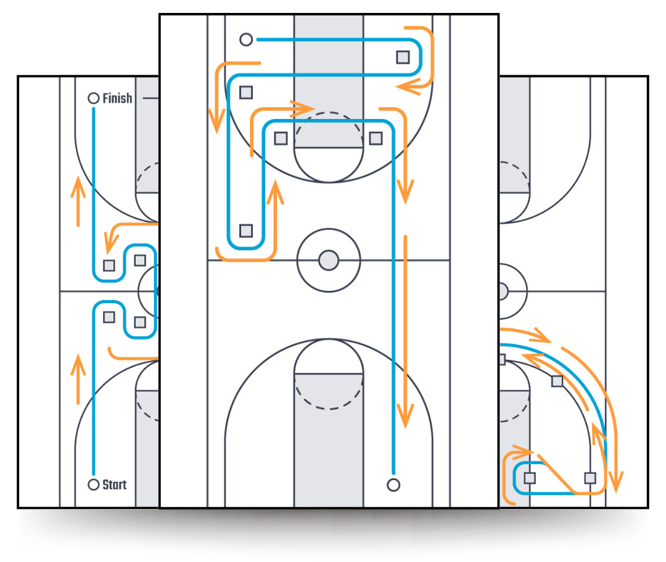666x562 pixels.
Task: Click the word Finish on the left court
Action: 117,98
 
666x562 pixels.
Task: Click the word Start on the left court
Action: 114,485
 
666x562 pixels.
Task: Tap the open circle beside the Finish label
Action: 94,98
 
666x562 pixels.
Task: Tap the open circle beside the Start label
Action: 94,485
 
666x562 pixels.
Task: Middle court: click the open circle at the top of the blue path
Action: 246,40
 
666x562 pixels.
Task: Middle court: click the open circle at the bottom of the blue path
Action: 393,484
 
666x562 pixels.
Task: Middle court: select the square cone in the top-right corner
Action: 403,57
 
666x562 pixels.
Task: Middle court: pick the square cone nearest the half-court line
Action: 246,231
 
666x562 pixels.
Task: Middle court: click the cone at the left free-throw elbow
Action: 281,138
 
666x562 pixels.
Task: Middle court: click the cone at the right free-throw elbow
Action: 376,138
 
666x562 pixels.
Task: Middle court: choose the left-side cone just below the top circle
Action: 246,92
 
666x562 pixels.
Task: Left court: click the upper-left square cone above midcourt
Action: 109,266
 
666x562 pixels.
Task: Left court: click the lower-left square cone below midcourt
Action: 109,317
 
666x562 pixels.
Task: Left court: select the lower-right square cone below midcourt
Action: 140,322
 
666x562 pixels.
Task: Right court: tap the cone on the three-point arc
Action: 557,381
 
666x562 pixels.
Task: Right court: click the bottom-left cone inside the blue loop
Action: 530,478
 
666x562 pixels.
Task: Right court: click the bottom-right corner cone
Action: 590,478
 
